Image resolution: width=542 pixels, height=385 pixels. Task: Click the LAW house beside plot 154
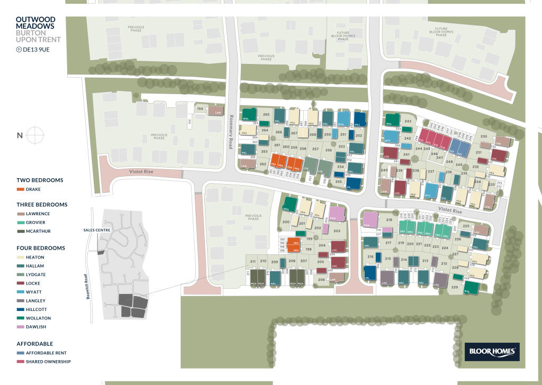[x=215, y=111]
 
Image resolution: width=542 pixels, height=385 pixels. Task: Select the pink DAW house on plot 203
[x=337, y=214]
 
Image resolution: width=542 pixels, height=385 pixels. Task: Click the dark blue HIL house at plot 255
[x=354, y=184]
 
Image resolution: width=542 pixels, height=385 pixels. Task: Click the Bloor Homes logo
[x=492, y=351]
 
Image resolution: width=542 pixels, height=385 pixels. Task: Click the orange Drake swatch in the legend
[x=20, y=189]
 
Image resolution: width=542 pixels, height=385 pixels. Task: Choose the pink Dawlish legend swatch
[x=20, y=327]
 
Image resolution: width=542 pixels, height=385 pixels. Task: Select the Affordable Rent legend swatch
[x=20, y=353]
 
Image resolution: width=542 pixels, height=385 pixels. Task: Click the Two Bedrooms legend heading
[x=40, y=180]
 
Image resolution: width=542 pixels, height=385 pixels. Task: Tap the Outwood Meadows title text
[x=35, y=23]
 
